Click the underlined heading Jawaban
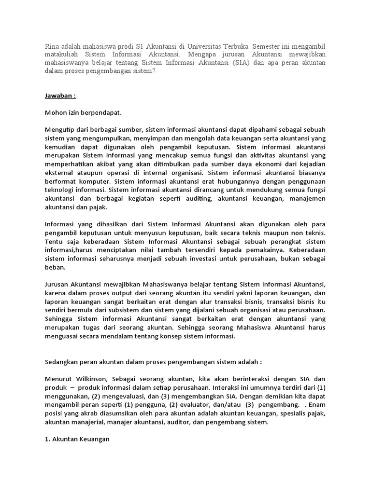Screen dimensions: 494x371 click(x=60, y=96)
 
